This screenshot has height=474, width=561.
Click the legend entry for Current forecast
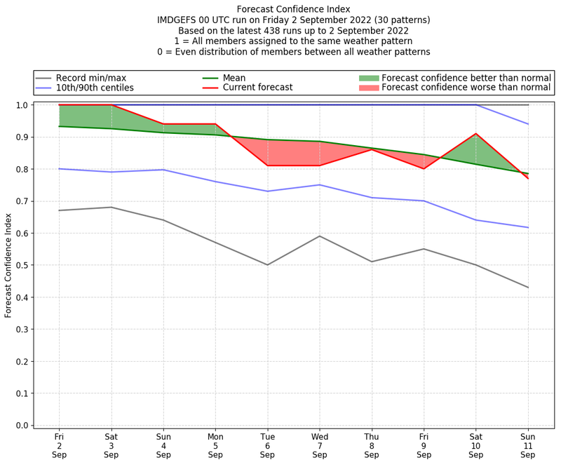click(257, 88)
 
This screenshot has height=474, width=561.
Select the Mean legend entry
click(234, 77)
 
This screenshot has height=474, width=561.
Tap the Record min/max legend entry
click(90, 77)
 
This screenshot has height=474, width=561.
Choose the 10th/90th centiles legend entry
click(95, 88)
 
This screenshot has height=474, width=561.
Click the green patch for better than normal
click(369, 77)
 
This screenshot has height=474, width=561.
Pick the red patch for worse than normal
click(369, 88)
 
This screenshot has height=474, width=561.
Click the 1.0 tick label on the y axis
click(22, 105)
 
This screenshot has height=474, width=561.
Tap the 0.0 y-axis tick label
click(22, 426)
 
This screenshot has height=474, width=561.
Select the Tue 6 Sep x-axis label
click(267, 445)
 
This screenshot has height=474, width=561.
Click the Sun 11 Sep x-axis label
click(528, 445)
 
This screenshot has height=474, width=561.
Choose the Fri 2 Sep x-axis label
click(59, 445)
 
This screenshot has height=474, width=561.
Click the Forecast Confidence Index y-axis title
click(8, 265)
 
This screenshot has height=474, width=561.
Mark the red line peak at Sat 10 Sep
click(476, 133)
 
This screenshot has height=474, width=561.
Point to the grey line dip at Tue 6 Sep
click(267, 265)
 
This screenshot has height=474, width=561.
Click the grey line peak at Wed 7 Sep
click(320, 236)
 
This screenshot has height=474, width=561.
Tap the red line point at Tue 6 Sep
click(267, 165)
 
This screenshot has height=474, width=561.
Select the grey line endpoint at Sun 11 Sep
click(528, 287)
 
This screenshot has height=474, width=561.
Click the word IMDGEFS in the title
click(179, 20)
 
